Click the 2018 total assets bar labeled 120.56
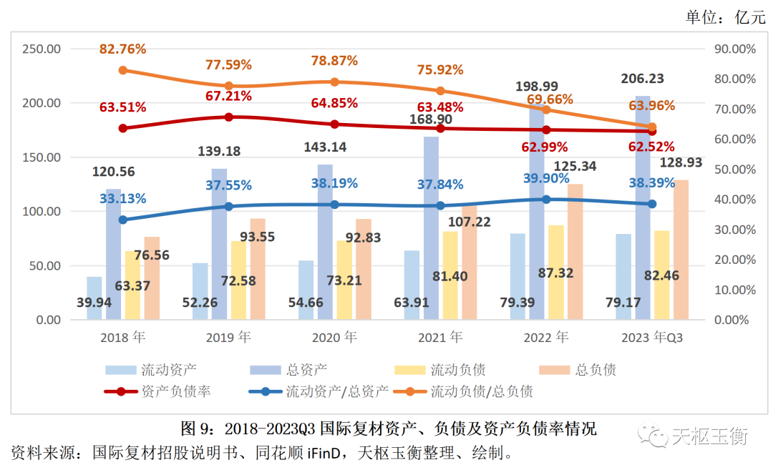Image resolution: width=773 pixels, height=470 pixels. tap(114, 254)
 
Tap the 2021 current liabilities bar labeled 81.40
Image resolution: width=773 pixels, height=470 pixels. tap(450, 275)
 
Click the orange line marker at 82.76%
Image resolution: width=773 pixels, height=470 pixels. tap(123, 70)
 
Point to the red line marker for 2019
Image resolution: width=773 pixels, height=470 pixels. tap(229, 117)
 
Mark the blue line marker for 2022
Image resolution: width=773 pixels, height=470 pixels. tap(546, 200)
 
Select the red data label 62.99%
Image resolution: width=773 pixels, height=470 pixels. tap(545, 147)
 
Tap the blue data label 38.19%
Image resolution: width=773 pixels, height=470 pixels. tap(334, 183)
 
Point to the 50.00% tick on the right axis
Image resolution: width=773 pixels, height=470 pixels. tap(736, 170)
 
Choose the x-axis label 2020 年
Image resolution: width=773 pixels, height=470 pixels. tap(334, 337)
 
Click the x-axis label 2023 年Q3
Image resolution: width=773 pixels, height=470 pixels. tap(652, 337)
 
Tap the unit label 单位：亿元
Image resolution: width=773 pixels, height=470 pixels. tap(725, 17)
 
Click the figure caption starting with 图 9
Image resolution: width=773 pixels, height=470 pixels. tap(389, 429)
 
